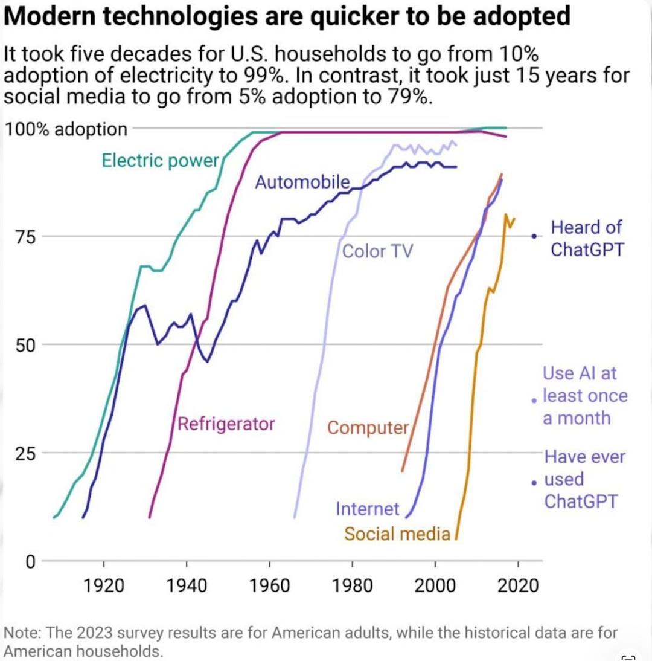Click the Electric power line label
tap(160, 161)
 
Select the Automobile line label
tap(302, 182)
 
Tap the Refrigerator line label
tap(226, 424)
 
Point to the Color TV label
tap(377, 251)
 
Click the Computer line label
tap(368, 428)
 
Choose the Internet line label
tap(367, 509)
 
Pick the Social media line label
tap(397, 534)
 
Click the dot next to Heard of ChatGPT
tap(534, 236)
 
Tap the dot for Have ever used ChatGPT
tap(534, 483)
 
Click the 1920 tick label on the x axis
tap(104, 585)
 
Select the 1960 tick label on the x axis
tap(269, 585)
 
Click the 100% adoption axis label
tap(66, 129)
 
